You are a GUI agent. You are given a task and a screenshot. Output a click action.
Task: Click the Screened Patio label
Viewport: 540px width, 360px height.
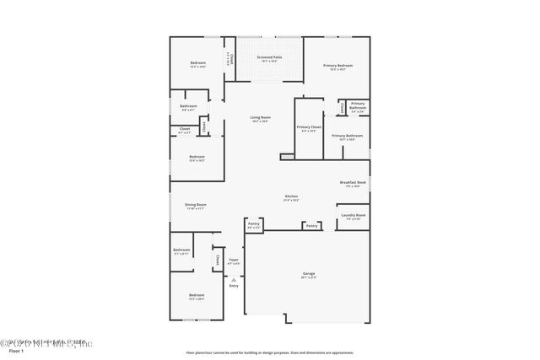(269, 59)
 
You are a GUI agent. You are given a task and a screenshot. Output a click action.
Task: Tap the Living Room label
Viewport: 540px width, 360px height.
(260, 118)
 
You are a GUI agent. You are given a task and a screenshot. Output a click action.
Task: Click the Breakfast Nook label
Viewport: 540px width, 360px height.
(353, 183)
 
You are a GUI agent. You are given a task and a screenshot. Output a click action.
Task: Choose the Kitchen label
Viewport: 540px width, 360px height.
(290, 197)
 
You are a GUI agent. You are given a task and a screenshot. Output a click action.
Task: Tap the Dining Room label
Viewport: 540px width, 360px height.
(196, 205)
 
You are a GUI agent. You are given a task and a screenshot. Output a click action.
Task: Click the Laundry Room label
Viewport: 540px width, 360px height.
(354, 216)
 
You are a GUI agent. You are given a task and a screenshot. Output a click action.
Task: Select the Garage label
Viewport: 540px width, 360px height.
(309, 275)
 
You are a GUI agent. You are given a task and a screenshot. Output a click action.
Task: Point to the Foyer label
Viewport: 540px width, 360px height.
(234, 261)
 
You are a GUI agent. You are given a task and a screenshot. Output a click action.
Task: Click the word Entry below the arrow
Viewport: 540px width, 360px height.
(234, 286)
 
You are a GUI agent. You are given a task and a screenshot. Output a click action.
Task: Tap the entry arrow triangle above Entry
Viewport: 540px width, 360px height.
(234, 279)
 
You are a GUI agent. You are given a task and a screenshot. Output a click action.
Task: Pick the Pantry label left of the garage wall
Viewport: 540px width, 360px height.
(253, 225)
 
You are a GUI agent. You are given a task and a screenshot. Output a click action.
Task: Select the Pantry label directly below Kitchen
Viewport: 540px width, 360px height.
(311, 226)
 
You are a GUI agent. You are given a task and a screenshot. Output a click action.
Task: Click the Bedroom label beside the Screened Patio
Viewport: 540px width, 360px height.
(197, 64)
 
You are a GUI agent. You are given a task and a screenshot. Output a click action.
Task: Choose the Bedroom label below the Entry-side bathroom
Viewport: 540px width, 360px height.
(196, 296)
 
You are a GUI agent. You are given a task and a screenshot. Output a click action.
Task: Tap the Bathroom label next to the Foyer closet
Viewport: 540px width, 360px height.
(182, 250)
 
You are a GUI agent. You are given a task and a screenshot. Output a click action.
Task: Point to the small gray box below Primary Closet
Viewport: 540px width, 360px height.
(287, 156)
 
